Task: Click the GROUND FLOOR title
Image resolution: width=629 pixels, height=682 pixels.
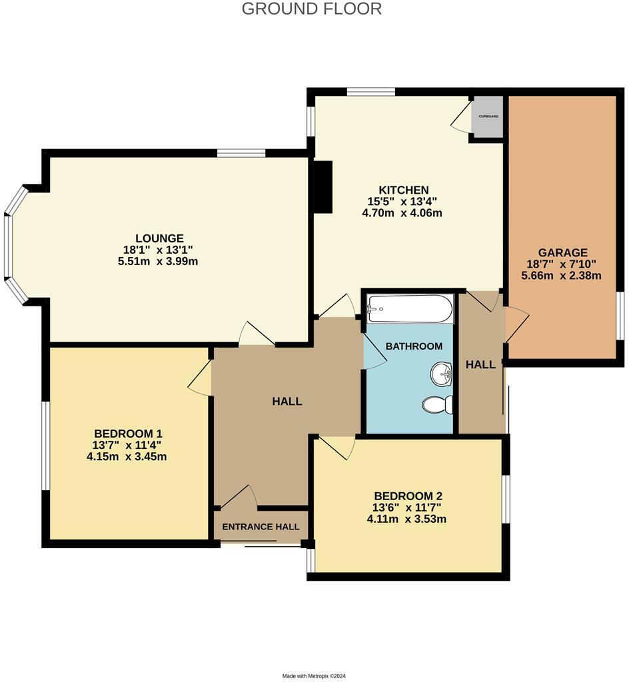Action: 311,9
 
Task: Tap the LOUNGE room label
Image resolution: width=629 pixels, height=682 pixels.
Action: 159,238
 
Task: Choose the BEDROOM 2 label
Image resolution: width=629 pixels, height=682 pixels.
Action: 408,496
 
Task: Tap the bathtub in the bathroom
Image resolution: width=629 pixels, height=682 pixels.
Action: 409,308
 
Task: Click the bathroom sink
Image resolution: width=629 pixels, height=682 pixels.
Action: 441,375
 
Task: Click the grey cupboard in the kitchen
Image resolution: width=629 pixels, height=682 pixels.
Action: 488,117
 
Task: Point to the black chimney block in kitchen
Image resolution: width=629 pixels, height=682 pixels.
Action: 323,187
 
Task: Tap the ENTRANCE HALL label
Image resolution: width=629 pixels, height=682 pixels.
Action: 261,527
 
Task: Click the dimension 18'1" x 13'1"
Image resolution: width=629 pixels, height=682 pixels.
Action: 158,250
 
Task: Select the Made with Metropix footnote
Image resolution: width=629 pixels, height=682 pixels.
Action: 314,675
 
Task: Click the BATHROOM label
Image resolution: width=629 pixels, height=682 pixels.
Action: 414,346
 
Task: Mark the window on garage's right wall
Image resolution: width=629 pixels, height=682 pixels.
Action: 620,316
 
